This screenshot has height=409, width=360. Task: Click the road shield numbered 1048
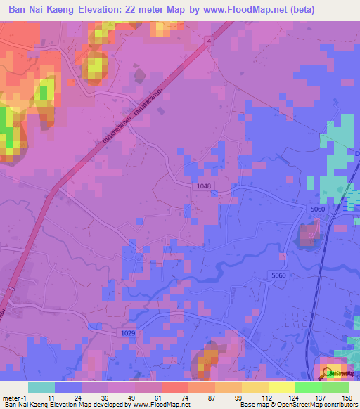[x=204, y=185]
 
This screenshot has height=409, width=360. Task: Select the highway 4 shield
[x=209, y=41]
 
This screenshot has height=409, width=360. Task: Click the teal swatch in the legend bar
[x=41, y=387]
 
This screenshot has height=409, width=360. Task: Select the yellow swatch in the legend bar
[x=281, y=387]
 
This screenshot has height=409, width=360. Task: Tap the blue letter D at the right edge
[x=357, y=152]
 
